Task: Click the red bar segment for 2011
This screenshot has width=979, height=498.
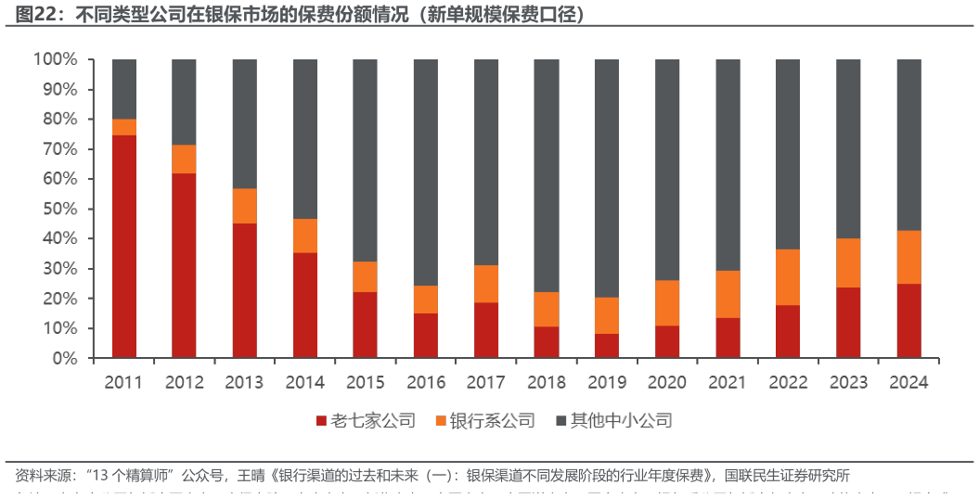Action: [x=124, y=246]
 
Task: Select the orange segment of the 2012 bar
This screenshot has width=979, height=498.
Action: [x=184, y=159]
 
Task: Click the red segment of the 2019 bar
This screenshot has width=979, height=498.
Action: [x=606, y=346]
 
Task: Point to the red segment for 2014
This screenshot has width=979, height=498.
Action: [x=304, y=305]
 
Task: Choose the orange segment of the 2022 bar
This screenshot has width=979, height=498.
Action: [x=788, y=277]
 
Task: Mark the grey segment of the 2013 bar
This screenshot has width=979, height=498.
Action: [x=244, y=123]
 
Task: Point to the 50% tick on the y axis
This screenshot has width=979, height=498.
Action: [x=58, y=209]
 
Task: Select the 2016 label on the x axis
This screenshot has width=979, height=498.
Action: [x=425, y=382]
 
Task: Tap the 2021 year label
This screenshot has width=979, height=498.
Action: [x=728, y=382]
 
